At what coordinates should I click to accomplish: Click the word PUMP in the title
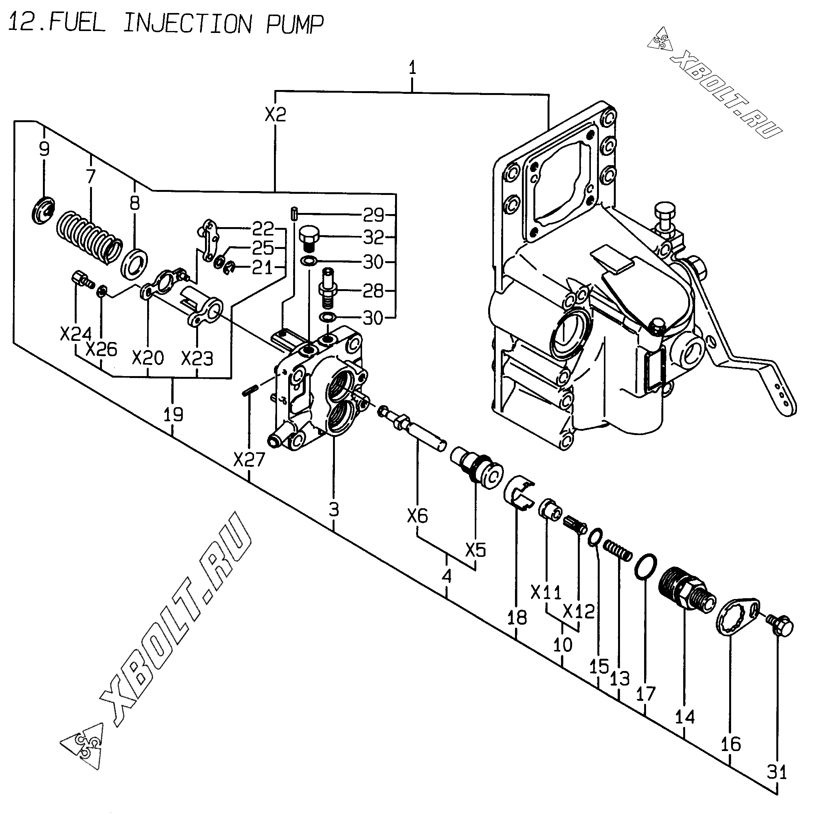click(x=295, y=24)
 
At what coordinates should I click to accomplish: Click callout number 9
click(x=44, y=149)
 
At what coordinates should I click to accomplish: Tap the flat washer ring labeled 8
click(x=135, y=264)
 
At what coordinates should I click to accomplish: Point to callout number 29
click(x=374, y=215)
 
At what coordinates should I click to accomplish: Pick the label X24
click(x=76, y=334)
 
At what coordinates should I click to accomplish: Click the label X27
click(x=249, y=460)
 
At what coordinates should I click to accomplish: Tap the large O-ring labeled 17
click(x=646, y=566)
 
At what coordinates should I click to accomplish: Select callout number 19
click(x=173, y=414)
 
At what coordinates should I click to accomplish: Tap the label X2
click(x=276, y=115)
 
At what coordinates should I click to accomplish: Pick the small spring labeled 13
click(x=618, y=550)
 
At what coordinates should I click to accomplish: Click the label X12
click(x=579, y=611)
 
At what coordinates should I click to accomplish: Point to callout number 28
click(x=373, y=291)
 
